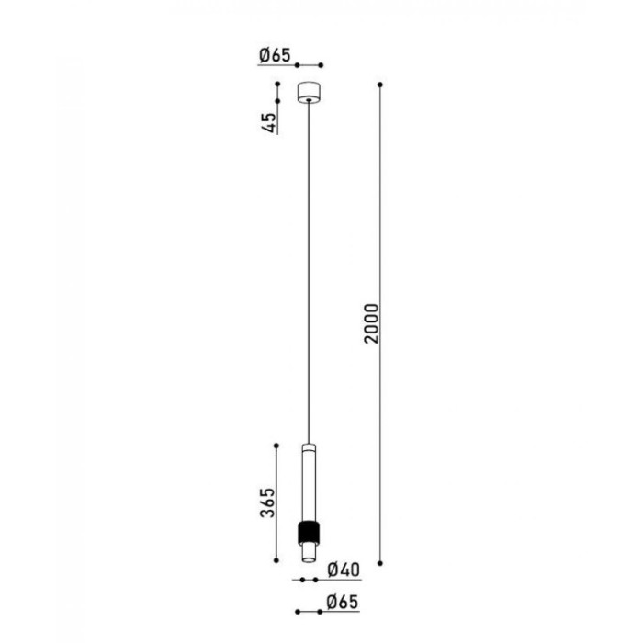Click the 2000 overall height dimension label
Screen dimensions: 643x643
click(371, 323)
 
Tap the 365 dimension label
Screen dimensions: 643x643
click(267, 502)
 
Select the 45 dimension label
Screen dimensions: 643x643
click(268, 122)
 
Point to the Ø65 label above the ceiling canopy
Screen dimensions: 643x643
click(275, 55)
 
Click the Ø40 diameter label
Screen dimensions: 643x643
click(344, 570)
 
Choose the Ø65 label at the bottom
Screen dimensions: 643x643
click(343, 602)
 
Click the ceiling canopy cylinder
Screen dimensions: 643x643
click(309, 93)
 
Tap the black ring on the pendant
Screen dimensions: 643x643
click(309, 532)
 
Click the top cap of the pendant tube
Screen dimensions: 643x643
click(309, 446)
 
